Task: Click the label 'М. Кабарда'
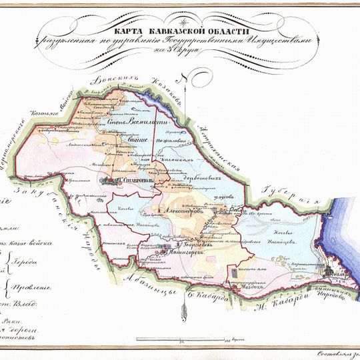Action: [x=270, y=306]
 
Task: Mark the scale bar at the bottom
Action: [x=173, y=340]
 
